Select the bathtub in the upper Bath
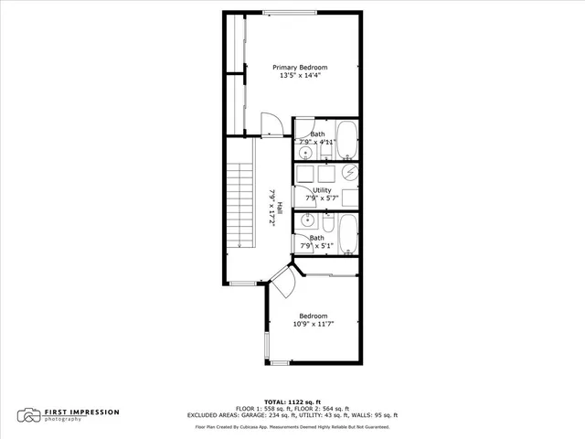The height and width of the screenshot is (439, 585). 346,141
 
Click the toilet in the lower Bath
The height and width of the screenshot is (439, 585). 326,223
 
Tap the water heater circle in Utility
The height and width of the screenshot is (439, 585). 349,173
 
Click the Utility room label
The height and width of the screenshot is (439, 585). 322,190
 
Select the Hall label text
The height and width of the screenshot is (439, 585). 280,207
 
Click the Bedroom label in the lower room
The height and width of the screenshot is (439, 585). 313,316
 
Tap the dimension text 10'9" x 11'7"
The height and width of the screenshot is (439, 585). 313,325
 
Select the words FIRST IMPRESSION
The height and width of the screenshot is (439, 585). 82,412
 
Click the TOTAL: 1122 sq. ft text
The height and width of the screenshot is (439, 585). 292,402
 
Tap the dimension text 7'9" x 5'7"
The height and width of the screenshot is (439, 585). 322,198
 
